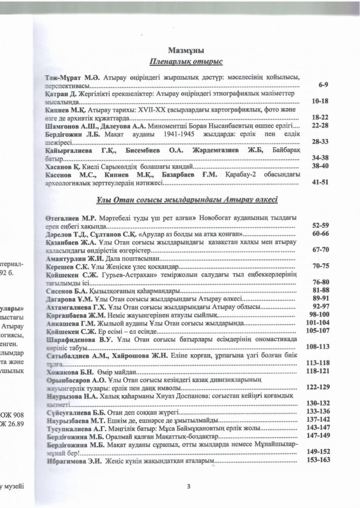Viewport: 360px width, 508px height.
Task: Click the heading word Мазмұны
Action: click(x=186, y=50)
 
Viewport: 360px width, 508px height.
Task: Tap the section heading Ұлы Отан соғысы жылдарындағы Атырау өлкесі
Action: click(x=186, y=200)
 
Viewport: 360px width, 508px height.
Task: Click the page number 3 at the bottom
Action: click(x=189, y=486)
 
